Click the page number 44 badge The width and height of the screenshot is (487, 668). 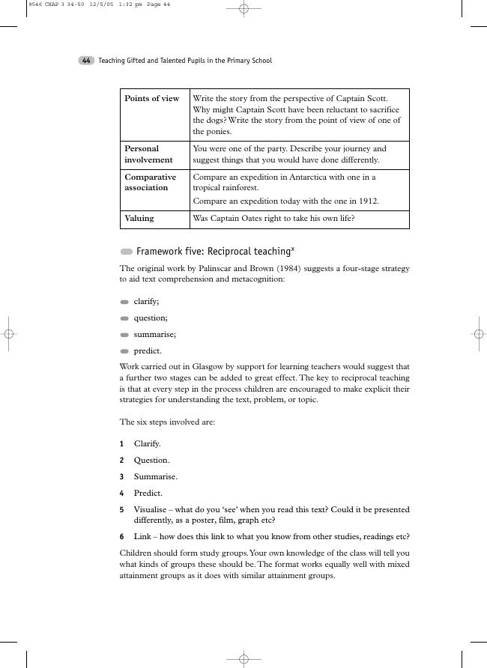tap(86, 61)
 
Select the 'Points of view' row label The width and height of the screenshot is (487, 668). tap(151, 99)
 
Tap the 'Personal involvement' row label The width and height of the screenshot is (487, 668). tap(148, 154)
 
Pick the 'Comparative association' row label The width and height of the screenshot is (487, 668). tap(150, 183)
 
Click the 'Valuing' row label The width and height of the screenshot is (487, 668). tap(139, 219)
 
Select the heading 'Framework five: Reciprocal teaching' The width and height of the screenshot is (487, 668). tap(213, 252)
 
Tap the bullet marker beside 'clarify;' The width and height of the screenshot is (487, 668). tap(124, 302)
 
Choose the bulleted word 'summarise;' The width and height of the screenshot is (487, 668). tap(155, 335)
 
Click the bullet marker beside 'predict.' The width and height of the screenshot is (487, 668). tap(124, 351)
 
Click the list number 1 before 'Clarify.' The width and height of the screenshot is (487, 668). tap(121, 444)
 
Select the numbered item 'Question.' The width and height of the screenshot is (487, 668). tap(151, 461)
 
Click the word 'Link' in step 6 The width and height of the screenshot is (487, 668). tap(142, 537)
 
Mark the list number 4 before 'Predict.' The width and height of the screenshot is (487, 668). tap(121, 494)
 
